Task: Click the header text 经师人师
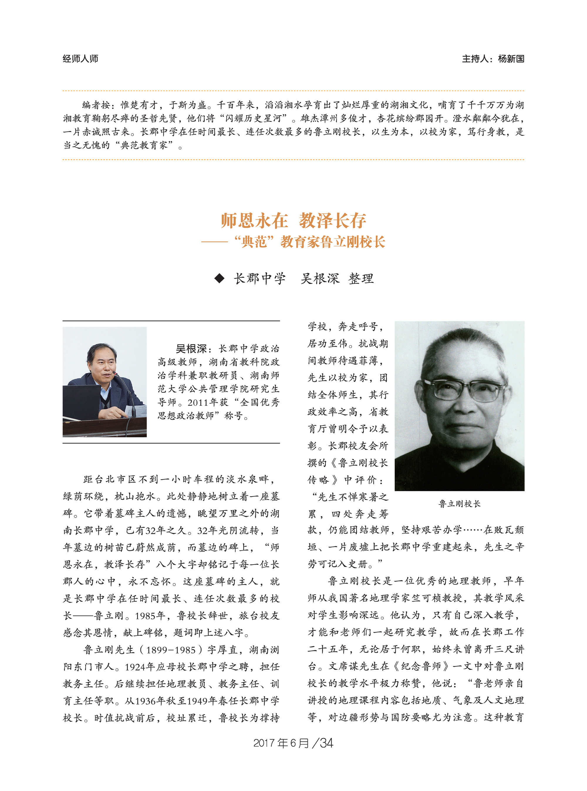click(x=80, y=59)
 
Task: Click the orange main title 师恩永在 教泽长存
click(x=293, y=221)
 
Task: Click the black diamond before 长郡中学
click(x=220, y=278)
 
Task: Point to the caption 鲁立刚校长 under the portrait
click(x=459, y=504)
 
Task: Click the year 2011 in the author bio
click(x=198, y=403)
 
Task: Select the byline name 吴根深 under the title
click(x=320, y=278)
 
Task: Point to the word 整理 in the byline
click(x=361, y=278)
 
